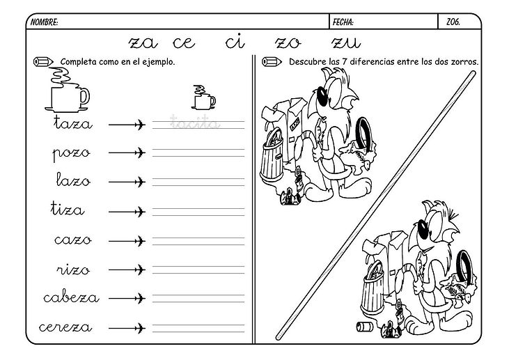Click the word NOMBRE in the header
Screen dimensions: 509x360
point(44,22)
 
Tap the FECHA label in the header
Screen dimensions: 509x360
point(343,22)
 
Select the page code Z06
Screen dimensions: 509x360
point(453,22)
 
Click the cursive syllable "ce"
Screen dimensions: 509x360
point(184,43)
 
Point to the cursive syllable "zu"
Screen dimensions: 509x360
point(346,43)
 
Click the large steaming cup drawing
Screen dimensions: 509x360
point(67,91)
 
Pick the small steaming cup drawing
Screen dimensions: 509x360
point(203,97)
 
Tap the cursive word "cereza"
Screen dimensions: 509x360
point(65,327)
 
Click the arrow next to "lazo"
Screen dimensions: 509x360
point(127,182)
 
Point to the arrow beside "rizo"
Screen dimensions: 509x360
point(127,269)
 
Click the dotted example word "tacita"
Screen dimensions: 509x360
point(195,123)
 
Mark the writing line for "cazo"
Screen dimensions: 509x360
point(198,241)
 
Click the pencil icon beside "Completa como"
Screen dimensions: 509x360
point(43,62)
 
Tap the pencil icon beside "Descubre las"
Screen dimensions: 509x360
point(272,62)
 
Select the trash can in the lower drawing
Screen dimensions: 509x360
point(373,289)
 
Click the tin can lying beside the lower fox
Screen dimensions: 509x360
point(363,327)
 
